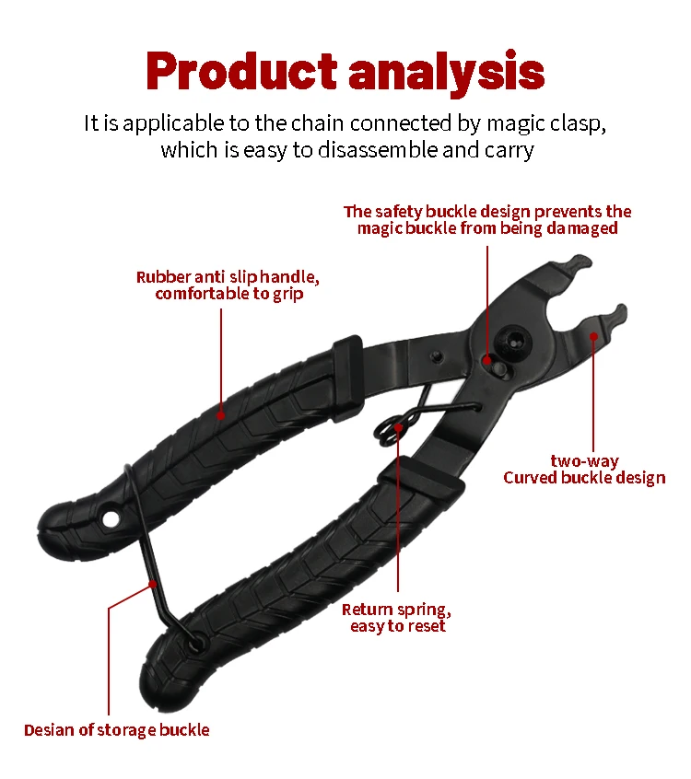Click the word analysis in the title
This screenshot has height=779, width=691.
[447, 71]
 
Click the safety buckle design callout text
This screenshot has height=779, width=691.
[487, 219]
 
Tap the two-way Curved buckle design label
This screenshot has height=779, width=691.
[584, 470]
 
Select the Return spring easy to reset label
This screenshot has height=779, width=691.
[397, 617]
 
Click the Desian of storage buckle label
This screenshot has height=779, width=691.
[117, 730]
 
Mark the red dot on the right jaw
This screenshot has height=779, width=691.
[593, 336]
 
